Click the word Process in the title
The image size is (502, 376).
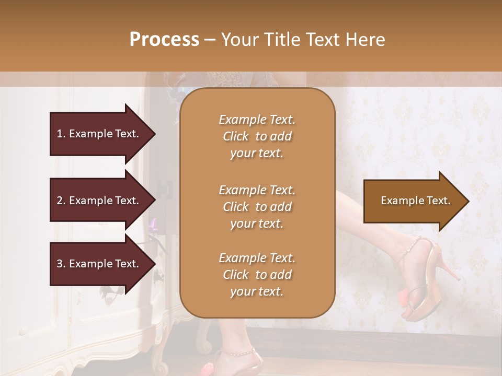pyautogui.click(x=164, y=40)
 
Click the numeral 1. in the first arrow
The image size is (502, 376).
pyautogui.click(x=61, y=134)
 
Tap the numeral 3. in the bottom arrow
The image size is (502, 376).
pyautogui.click(x=61, y=264)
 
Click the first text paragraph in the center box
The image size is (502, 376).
pyautogui.click(x=257, y=136)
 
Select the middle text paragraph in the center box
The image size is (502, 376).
pyautogui.click(x=257, y=207)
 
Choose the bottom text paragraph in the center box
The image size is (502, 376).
pyautogui.click(x=257, y=275)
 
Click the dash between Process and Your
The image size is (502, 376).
pyautogui.click(x=210, y=40)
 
